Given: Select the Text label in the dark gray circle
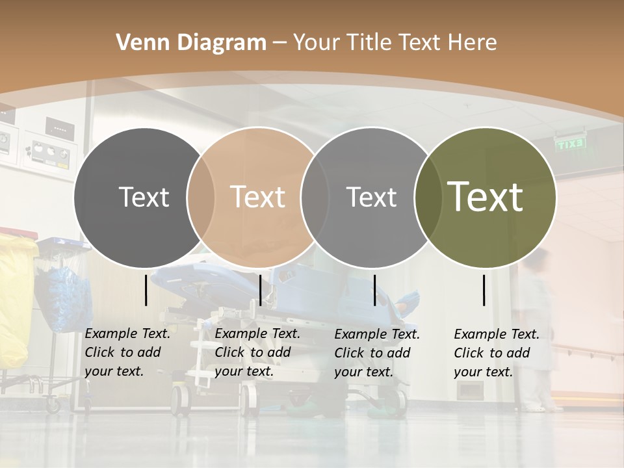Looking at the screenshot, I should point(144,197).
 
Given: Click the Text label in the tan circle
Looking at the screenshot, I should point(257,197).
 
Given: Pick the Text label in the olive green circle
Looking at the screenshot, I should point(485,197).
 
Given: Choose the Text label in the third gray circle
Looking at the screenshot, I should point(371,197).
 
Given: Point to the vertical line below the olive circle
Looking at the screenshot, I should point(484,290).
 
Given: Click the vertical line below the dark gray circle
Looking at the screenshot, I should point(146,290).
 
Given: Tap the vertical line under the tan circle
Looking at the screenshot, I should point(260,290).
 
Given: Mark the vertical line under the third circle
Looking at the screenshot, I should point(374,290).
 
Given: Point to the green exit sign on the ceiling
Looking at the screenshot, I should point(570,144).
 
